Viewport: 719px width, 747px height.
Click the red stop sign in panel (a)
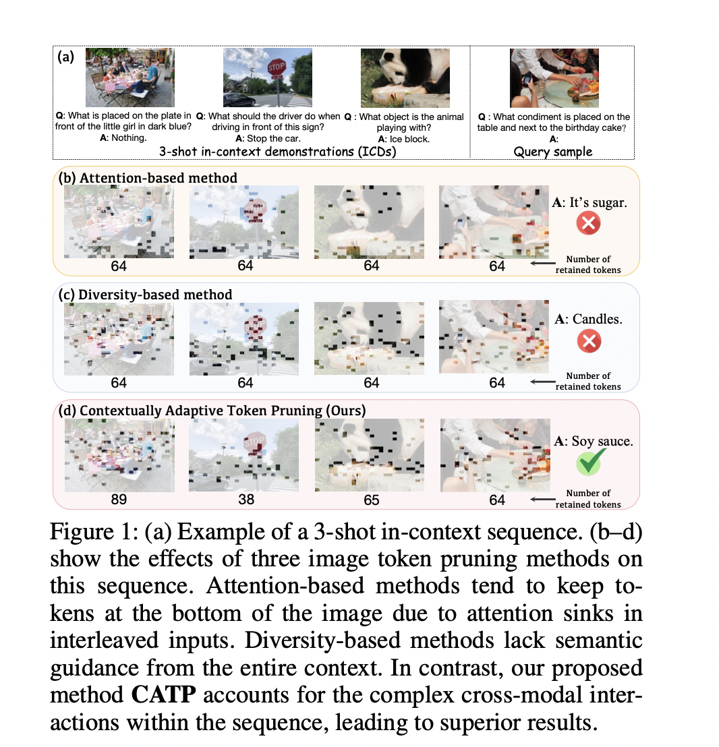pos(277,68)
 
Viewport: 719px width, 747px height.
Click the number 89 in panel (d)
pos(119,500)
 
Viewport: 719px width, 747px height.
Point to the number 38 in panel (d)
pos(245,500)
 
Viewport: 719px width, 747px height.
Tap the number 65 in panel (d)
pos(371,500)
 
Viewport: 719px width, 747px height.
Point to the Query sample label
pos(552,152)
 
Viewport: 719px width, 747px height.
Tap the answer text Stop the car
pos(267,139)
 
